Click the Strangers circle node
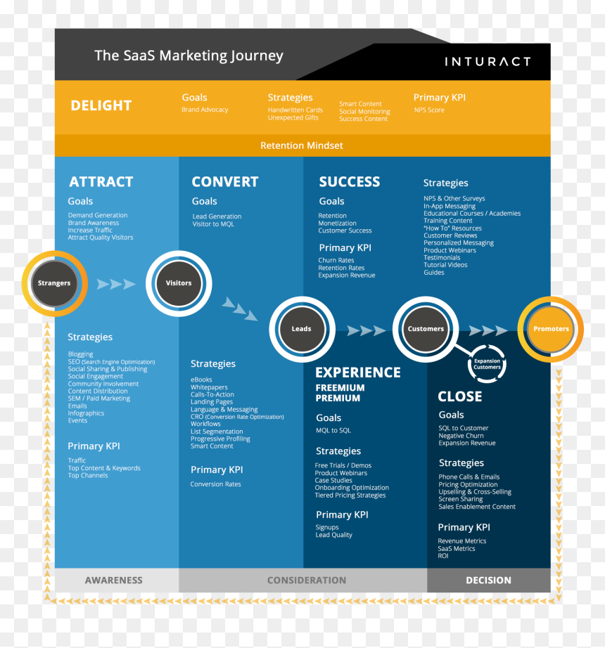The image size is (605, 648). (x=55, y=283)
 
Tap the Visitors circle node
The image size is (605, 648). (x=179, y=283)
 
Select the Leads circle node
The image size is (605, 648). (x=302, y=329)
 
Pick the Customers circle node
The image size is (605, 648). (x=426, y=329)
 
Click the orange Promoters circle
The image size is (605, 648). (x=551, y=329)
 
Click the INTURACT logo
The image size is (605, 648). (x=488, y=62)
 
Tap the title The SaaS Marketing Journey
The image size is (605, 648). (x=189, y=56)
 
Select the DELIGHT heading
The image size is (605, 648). (x=101, y=106)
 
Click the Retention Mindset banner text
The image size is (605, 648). (x=302, y=145)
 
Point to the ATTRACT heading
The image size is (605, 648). (x=101, y=182)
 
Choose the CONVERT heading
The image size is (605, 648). (x=225, y=182)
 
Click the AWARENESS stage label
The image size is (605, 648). (x=114, y=581)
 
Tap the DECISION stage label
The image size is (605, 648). (x=488, y=581)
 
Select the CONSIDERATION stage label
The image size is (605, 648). (x=307, y=581)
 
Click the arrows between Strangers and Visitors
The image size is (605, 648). (x=116, y=284)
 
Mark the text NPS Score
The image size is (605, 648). (x=429, y=110)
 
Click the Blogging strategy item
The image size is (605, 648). (x=81, y=354)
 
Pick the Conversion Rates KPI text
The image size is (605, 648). (x=215, y=484)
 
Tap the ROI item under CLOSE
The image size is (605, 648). (x=443, y=556)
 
